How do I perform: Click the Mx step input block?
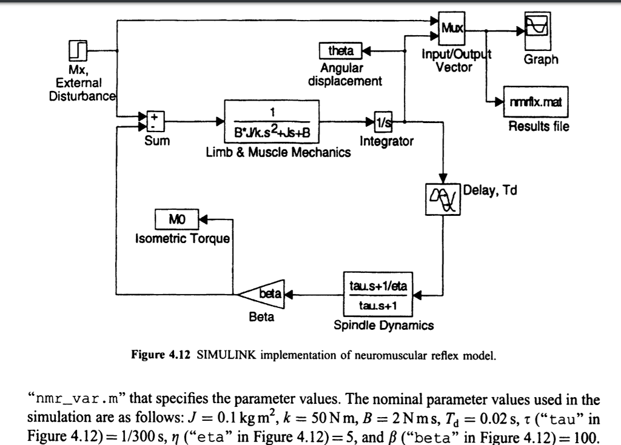[79, 50]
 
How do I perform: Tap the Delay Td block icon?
[446, 198]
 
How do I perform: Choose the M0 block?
[176, 219]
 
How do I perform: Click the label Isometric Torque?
[182, 238]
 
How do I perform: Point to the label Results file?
[539, 127]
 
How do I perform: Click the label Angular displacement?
[345, 74]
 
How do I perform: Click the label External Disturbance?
[83, 89]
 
